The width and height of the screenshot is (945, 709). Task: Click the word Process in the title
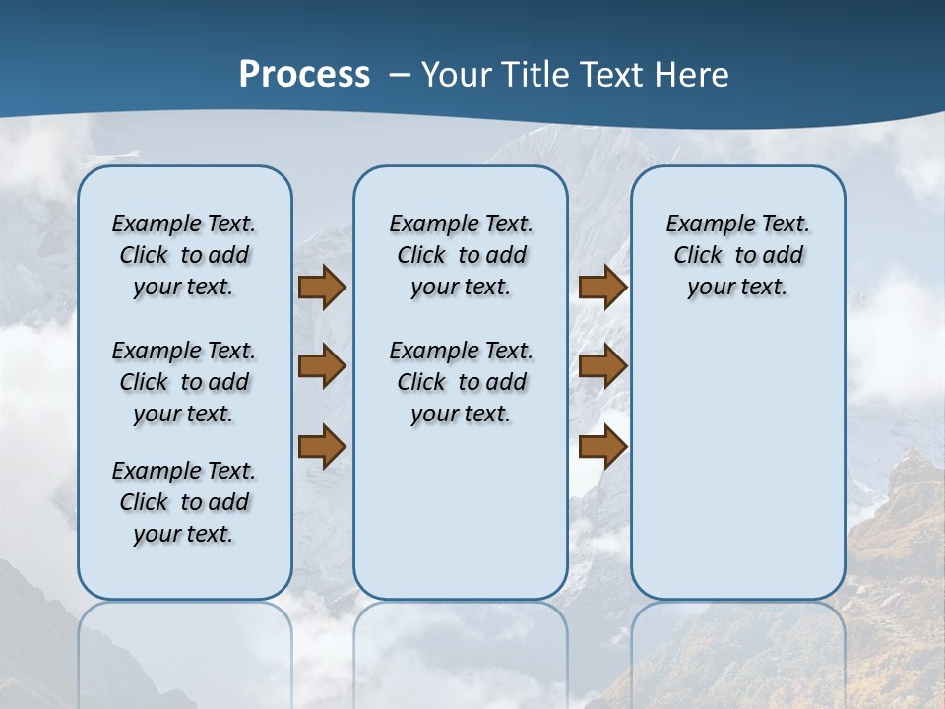point(304,74)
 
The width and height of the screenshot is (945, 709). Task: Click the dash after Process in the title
point(400,75)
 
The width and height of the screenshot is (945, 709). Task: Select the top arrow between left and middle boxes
point(322,288)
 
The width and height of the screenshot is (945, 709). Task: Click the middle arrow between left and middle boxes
point(322,366)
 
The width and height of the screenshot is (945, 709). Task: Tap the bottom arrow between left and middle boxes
point(322,446)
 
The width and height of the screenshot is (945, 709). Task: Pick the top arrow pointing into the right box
point(602,288)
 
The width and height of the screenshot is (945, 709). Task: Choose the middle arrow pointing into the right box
point(602,366)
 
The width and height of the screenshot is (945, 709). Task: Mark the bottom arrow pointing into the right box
point(602,446)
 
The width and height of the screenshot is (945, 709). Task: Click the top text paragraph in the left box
point(184,255)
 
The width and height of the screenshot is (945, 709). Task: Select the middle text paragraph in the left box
point(184,382)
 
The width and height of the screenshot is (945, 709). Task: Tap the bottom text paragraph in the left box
point(184,502)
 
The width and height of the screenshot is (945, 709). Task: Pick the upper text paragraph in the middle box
point(462,255)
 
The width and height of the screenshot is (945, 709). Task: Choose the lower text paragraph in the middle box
point(462,382)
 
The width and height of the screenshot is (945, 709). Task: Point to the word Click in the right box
point(698,256)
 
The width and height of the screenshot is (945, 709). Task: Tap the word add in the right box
point(782,256)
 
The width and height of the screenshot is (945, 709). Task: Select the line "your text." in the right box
point(737,288)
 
